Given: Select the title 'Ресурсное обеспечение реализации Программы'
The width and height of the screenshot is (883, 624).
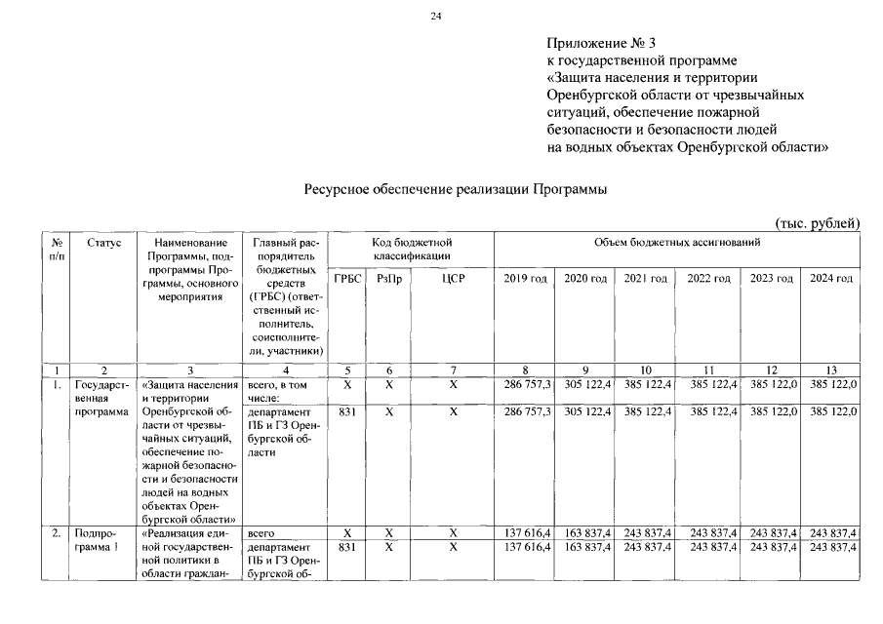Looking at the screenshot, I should pos(456,190).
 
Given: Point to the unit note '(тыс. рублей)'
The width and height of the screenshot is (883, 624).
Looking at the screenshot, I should pos(818,224).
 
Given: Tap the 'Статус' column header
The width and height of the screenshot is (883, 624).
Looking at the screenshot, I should pos(103,242).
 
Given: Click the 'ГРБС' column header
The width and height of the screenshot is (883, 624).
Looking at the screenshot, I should pos(346,279).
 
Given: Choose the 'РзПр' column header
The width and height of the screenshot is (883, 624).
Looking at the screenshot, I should pos(388,279).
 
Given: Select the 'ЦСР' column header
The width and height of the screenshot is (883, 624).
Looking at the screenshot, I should pos(453,279).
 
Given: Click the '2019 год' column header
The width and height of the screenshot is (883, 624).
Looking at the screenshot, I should pos(525,279).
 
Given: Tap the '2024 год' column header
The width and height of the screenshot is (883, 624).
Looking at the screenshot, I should pos(831,279).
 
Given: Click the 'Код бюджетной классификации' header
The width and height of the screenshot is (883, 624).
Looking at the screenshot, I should pos(412,249).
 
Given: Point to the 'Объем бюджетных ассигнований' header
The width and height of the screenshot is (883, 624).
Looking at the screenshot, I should pos(677,242).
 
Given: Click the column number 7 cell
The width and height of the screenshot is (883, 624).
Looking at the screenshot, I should pos(453,370).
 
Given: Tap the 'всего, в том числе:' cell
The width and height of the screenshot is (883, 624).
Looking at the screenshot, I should pos(279,391).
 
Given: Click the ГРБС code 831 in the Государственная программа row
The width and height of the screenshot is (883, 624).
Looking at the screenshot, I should pos(344,412).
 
